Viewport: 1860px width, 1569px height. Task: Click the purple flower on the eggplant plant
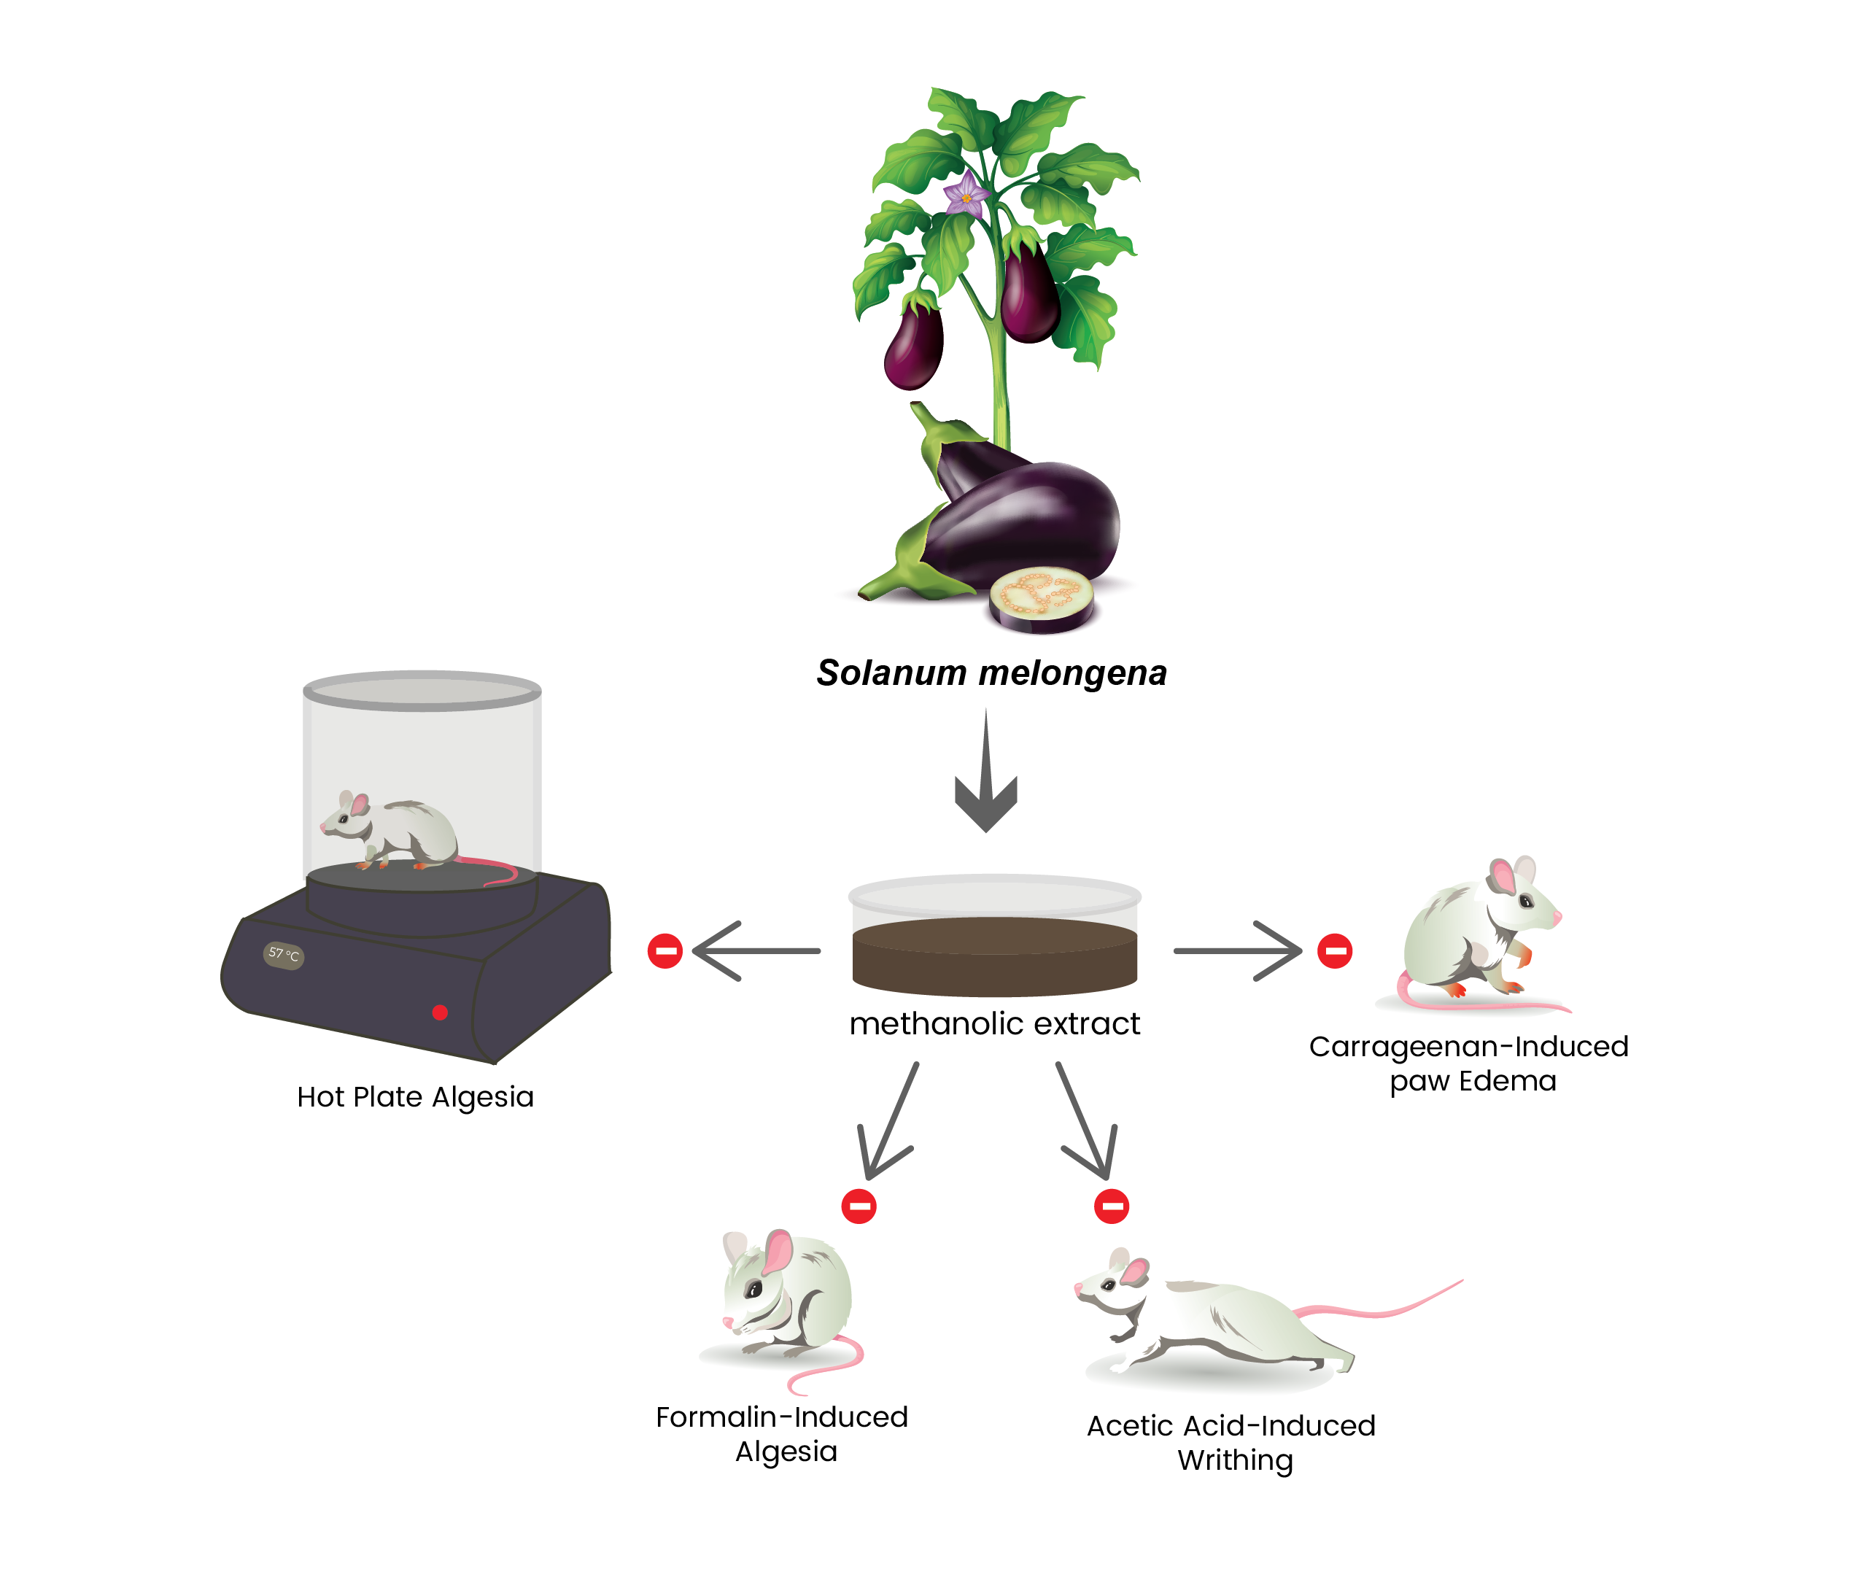click(x=965, y=195)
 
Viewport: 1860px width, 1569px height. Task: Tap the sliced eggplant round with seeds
click(x=1041, y=597)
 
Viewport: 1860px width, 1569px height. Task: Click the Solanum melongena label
click(x=991, y=673)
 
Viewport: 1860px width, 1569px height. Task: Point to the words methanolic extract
click(x=994, y=1024)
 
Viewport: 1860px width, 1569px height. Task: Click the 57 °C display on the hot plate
click(x=284, y=956)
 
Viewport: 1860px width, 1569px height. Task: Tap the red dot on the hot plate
click(x=439, y=1012)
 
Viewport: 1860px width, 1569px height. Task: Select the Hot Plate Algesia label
click(x=416, y=1097)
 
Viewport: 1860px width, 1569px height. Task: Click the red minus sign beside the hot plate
click(x=664, y=951)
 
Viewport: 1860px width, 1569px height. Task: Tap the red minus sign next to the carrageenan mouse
click(x=1334, y=951)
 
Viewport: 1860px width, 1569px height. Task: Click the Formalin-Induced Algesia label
click(x=783, y=1434)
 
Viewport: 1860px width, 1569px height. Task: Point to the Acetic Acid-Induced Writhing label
click(x=1232, y=1443)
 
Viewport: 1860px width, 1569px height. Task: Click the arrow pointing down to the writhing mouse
click(x=1085, y=1120)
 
